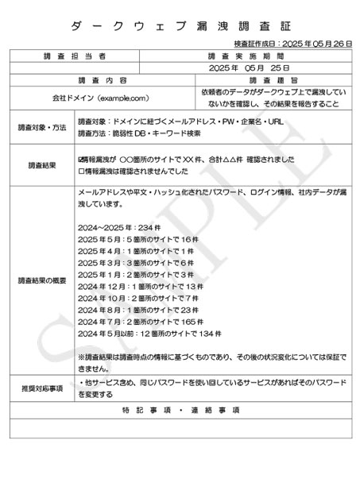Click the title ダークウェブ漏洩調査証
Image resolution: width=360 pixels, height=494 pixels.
(180, 26)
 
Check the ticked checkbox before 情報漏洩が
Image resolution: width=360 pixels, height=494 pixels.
(82, 159)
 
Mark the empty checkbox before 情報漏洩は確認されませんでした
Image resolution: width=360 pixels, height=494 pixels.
(82, 171)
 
